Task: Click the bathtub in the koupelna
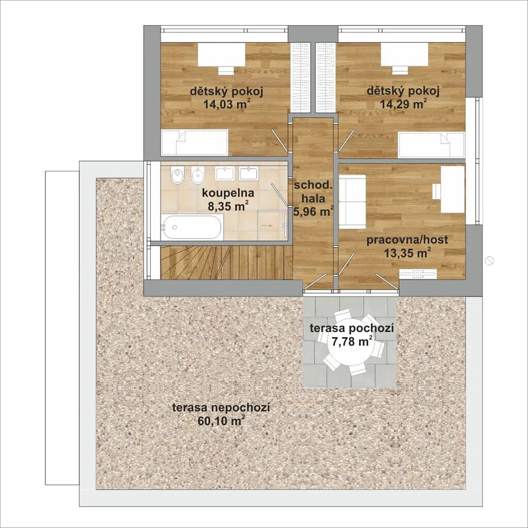click(191, 227)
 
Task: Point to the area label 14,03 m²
click(227, 104)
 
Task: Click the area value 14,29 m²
click(403, 104)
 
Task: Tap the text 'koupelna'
click(228, 193)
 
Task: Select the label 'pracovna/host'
click(407, 240)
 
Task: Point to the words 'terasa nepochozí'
click(221, 408)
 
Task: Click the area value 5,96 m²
click(313, 211)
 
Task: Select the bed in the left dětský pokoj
click(195, 142)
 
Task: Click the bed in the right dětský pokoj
click(432, 145)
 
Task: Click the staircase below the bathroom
click(226, 262)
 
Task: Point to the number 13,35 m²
click(408, 253)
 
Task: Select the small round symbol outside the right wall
click(489, 260)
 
